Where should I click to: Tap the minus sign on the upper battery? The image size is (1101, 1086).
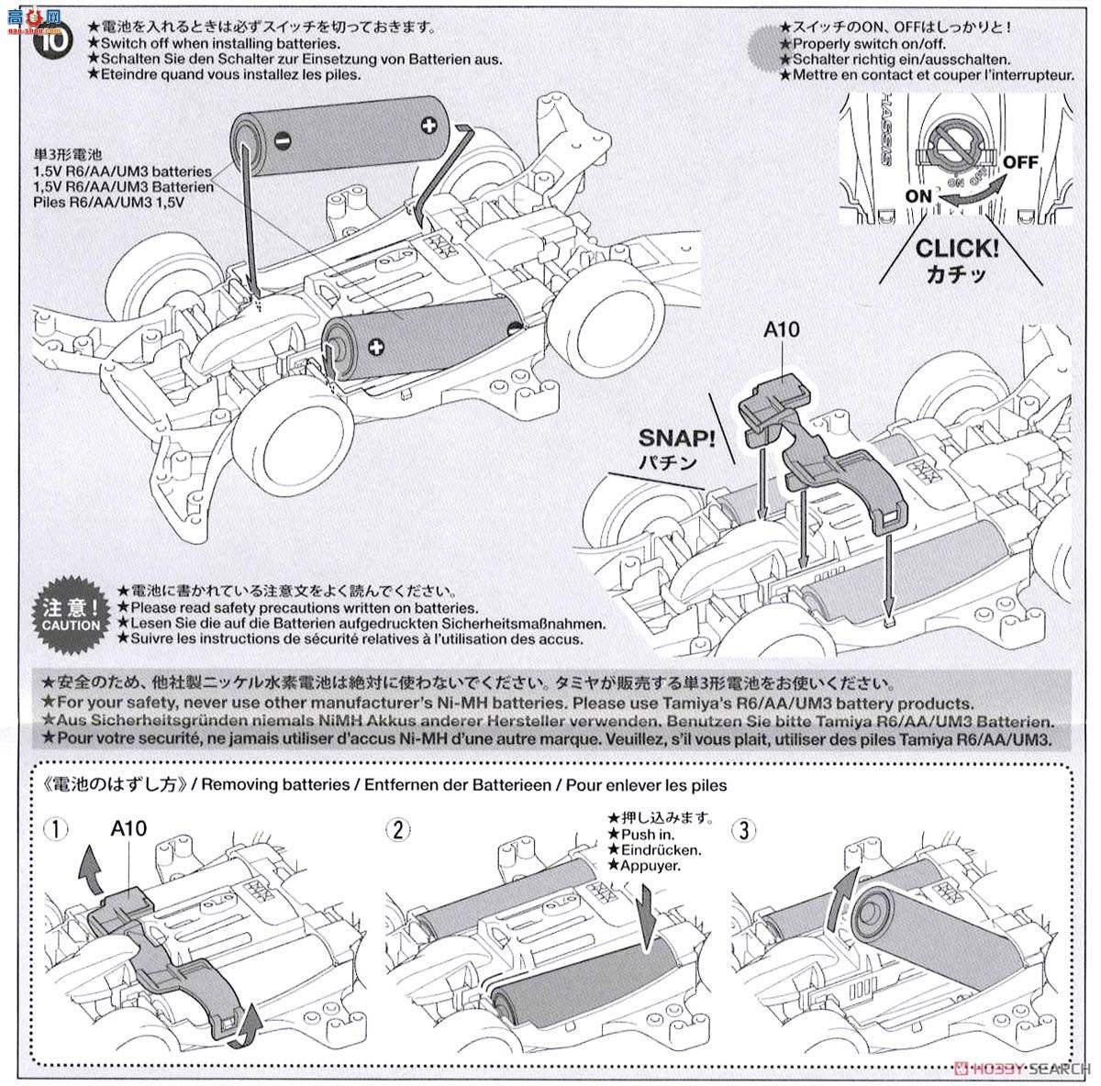coord(282,141)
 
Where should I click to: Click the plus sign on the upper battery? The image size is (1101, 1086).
coord(428,125)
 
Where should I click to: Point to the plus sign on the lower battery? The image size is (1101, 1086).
coord(375,346)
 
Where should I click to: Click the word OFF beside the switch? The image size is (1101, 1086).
coord(1019,162)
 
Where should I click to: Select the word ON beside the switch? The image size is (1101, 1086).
coord(918,195)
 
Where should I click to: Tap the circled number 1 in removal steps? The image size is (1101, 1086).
coord(56,831)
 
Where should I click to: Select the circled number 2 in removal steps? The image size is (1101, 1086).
coord(396,831)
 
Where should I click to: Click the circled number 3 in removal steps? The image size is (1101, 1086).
coord(742,831)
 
